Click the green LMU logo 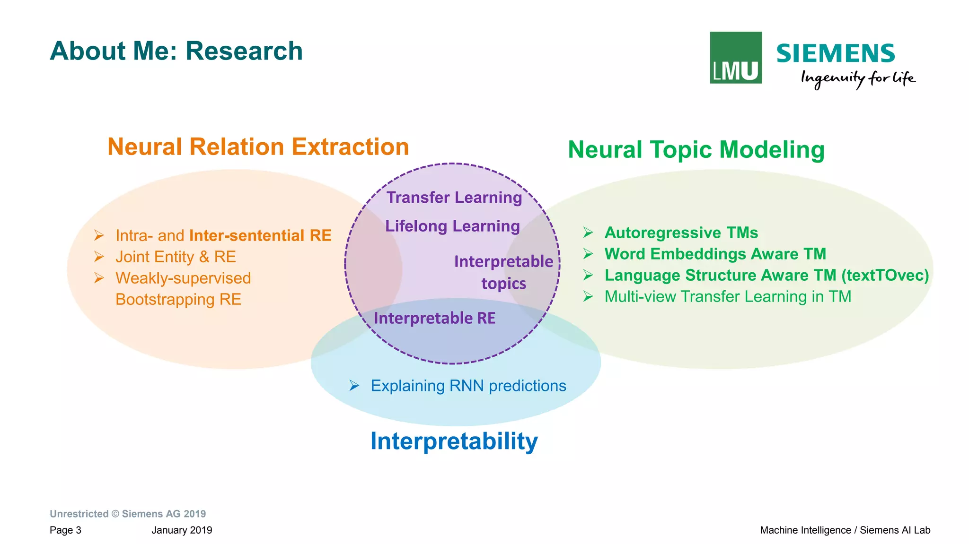click(x=735, y=58)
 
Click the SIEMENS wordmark click(x=835, y=53)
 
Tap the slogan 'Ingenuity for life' click(x=857, y=78)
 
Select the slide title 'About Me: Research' click(x=176, y=51)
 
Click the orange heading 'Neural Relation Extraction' click(x=258, y=147)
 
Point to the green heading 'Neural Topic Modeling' click(x=696, y=150)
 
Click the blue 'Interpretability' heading click(x=454, y=441)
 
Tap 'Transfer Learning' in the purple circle click(x=454, y=198)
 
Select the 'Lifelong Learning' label click(x=452, y=226)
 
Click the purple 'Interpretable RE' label click(x=434, y=318)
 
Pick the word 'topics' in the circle click(x=503, y=284)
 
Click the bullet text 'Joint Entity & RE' click(x=176, y=257)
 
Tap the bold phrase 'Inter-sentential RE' click(x=260, y=235)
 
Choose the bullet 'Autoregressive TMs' click(x=681, y=233)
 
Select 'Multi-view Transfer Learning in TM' click(x=728, y=296)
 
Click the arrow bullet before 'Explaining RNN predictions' click(x=354, y=386)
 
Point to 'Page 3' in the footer click(x=65, y=530)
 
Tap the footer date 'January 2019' click(x=182, y=530)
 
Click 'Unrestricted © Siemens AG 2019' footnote click(x=128, y=514)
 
